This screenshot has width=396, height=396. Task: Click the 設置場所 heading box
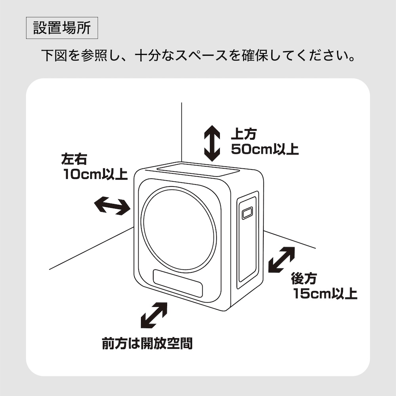pos(62,28)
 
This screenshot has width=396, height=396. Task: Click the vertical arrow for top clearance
pos(212,143)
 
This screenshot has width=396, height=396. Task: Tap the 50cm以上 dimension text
pos(265,150)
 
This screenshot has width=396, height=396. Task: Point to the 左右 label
pos(74,159)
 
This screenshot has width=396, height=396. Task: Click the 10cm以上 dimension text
pos(95,174)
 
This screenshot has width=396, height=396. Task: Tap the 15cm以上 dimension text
pos(325,294)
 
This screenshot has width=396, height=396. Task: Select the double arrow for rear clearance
pos(282,260)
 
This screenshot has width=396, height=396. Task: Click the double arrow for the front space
pos(154,316)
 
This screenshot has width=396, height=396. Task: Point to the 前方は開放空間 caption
pos(147,343)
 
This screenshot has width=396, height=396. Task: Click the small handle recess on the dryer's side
pos(247,213)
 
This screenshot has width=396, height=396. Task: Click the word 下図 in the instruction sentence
pos(51,55)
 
